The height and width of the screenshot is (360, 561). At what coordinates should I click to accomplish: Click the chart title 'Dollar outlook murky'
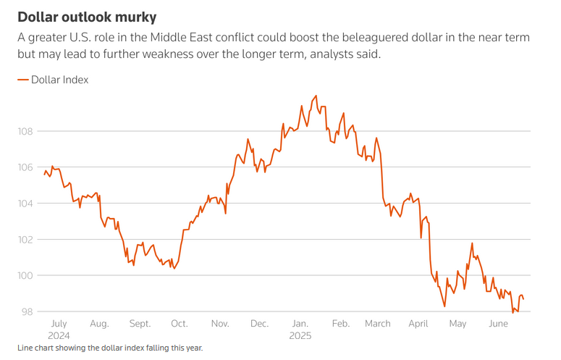click(86, 16)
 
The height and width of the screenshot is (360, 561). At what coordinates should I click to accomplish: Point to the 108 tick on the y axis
click(25, 131)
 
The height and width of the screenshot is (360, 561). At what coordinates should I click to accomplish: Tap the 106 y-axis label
click(25, 167)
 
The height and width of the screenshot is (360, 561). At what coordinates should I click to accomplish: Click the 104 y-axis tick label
click(25, 204)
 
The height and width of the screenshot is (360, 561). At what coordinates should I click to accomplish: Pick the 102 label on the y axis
click(25, 240)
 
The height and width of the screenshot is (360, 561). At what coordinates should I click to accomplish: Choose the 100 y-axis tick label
click(25, 276)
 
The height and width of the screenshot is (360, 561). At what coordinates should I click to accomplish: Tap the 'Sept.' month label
click(140, 324)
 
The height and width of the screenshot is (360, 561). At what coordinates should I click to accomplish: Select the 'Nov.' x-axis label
click(219, 324)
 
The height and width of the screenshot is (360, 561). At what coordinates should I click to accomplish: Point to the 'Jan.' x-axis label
click(299, 324)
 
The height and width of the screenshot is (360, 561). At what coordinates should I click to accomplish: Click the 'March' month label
click(378, 324)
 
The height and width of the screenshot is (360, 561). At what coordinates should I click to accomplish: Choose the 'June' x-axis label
click(499, 324)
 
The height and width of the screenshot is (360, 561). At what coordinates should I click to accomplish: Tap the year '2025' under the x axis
click(300, 335)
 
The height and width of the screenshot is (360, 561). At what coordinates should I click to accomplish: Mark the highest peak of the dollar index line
click(316, 96)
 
